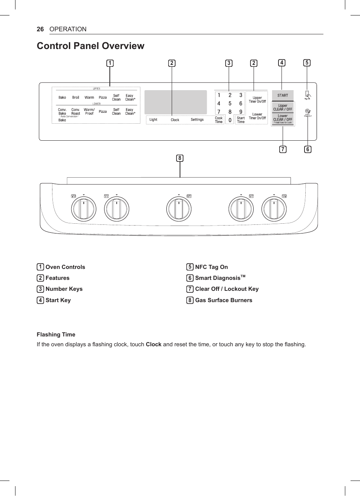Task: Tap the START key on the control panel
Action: tap(283, 95)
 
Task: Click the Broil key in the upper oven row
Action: tap(76, 97)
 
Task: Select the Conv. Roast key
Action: tap(76, 112)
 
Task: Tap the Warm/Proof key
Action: tap(89, 112)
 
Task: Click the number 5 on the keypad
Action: tap(230, 103)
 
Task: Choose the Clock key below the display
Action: tap(175, 120)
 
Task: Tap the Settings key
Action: tap(197, 120)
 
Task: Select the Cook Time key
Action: tap(219, 120)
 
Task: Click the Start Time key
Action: tap(241, 120)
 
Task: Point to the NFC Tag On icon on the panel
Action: tap(307, 95)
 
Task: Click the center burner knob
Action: tap(179, 209)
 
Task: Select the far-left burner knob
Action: tap(84, 209)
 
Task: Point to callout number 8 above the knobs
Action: tap(180, 158)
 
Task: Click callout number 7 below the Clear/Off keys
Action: tap(283, 149)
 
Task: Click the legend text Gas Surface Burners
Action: tap(223, 300)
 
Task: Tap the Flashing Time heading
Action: tap(56, 335)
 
